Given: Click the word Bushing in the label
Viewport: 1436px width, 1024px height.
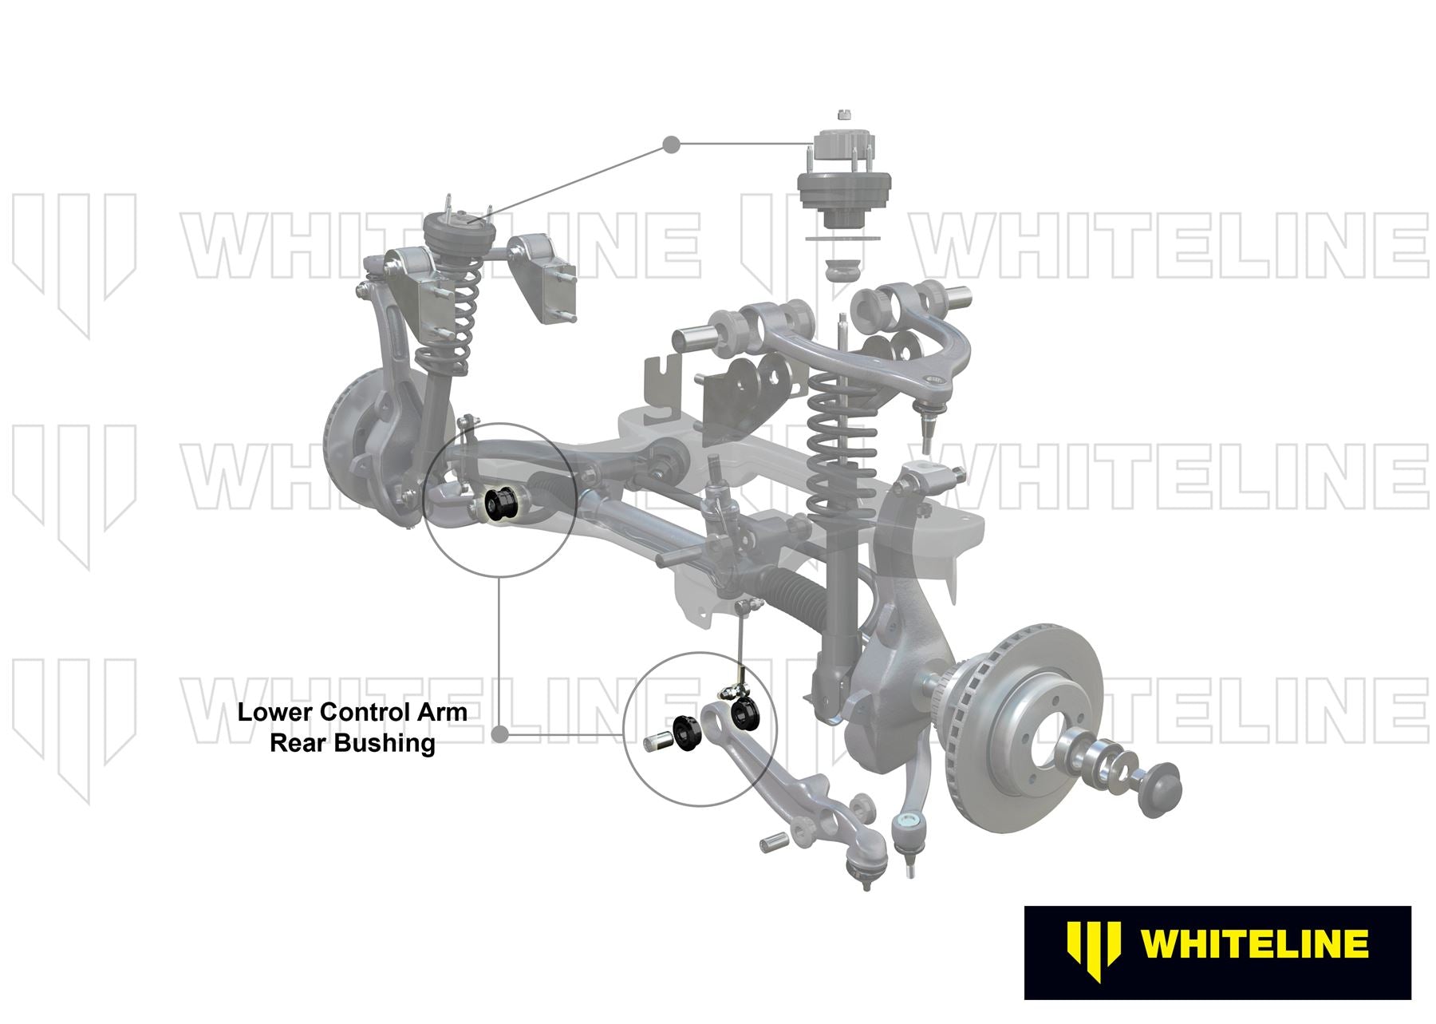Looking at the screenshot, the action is click(385, 744).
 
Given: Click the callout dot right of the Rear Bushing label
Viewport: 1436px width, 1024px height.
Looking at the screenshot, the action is click(500, 734).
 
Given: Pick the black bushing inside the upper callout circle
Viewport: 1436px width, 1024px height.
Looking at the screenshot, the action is click(501, 506).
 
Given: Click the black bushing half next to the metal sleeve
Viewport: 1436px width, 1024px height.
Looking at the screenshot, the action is click(685, 733).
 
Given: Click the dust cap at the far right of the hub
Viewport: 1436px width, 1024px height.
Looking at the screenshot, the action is click(1159, 790).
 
